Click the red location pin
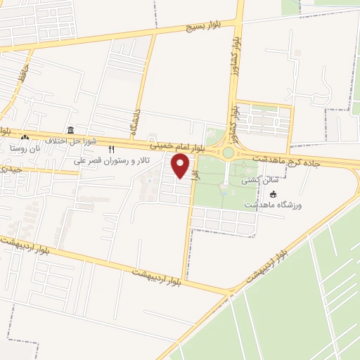pyautogui.click(x=181, y=166)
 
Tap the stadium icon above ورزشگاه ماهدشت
pyautogui.click(x=273, y=194)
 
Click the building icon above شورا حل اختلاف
pyautogui.click(x=70, y=130)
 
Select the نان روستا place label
pyautogui.click(x=25, y=148)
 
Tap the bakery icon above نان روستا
pyautogui.click(x=25, y=138)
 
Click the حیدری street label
pyautogui.click(x=13, y=169)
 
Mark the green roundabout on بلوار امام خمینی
pyautogui.click(x=228, y=153)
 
